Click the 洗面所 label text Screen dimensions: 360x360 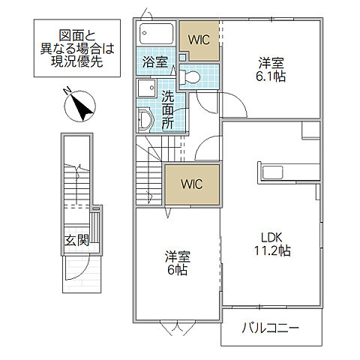pos(168,109)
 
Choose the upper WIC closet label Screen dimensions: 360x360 pos(199,38)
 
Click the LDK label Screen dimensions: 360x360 pos(268,237)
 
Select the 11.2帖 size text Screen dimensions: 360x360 pos(268,252)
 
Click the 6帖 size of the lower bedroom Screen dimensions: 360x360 pos(178,270)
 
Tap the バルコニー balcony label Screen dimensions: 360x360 pos(271,328)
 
